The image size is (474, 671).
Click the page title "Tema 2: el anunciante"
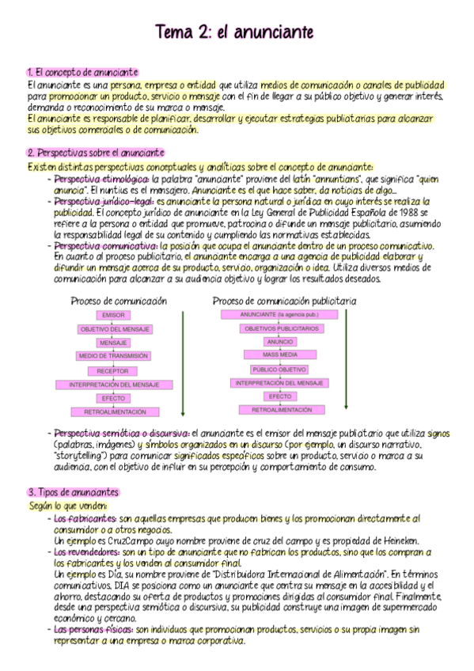coord(235,32)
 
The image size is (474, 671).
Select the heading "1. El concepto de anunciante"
coord(82,73)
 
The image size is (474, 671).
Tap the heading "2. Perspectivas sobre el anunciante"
coord(96,153)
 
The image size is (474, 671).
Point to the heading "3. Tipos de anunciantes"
coord(73,491)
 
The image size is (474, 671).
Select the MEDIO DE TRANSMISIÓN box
coord(113,356)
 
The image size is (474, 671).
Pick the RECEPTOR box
coord(113,370)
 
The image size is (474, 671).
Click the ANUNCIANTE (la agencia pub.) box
coord(280,314)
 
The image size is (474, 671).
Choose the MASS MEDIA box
coord(280,355)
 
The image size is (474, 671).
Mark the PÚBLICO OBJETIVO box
coord(280,370)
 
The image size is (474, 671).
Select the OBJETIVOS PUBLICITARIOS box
coord(280,328)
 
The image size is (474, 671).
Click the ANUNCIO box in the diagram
coord(280,342)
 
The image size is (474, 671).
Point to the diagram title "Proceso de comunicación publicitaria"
coord(284,301)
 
